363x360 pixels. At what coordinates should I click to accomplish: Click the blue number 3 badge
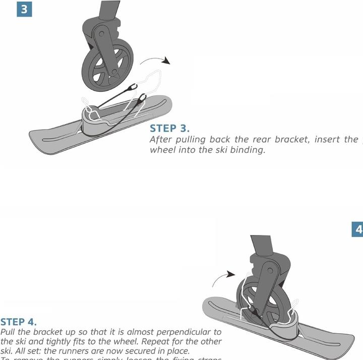[x=24, y=9]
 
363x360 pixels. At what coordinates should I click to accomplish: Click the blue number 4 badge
[x=357, y=229]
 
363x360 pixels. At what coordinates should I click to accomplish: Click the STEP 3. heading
[x=169, y=129]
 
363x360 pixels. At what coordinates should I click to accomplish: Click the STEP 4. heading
[x=19, y=322]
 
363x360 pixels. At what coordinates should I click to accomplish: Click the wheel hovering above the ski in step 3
[x=107, y=65]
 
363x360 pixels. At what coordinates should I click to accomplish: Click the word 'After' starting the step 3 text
[x=161, y=140]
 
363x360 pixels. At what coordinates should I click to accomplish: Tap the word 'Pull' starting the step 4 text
[x=9, y=332]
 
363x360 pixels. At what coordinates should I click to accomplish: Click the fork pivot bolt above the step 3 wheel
[x=101, y=35]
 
